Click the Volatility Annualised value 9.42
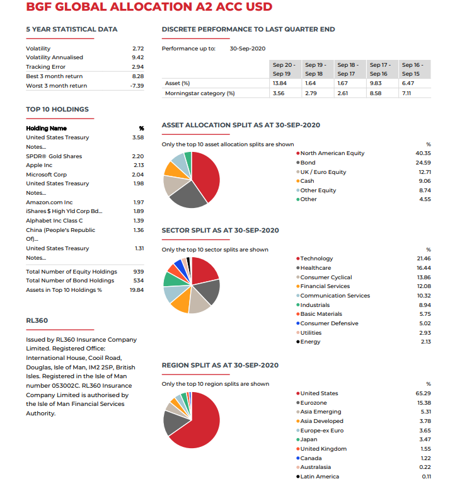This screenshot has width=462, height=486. click(x=138, y=57)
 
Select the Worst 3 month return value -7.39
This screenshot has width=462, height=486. click(x=137, y=86)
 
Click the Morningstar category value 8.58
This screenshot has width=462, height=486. click(x=376, y=93)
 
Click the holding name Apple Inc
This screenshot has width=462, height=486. click(x=39, y=165)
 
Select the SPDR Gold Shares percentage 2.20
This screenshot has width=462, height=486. click(x=138, y=156)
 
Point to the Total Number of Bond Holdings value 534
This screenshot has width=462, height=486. click(x=139, y=281)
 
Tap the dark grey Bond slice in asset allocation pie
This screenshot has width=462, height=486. click(x=187, y=197)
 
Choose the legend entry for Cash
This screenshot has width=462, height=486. click(x=307, y=181)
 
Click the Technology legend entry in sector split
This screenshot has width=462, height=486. click(x=316, y=258)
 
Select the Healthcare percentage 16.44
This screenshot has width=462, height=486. click(x=424, y=268)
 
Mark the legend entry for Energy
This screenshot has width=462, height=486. click(x=310, y=342)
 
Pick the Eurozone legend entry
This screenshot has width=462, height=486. click(x=313, y=403)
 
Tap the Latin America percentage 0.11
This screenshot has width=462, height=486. click(x=426, y=477)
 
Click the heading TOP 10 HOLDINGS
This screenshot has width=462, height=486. click(x=57, y=109)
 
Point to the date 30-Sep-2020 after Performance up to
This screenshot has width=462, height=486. click(x=248, y=49)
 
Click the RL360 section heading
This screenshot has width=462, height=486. click(x=37, y=320)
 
